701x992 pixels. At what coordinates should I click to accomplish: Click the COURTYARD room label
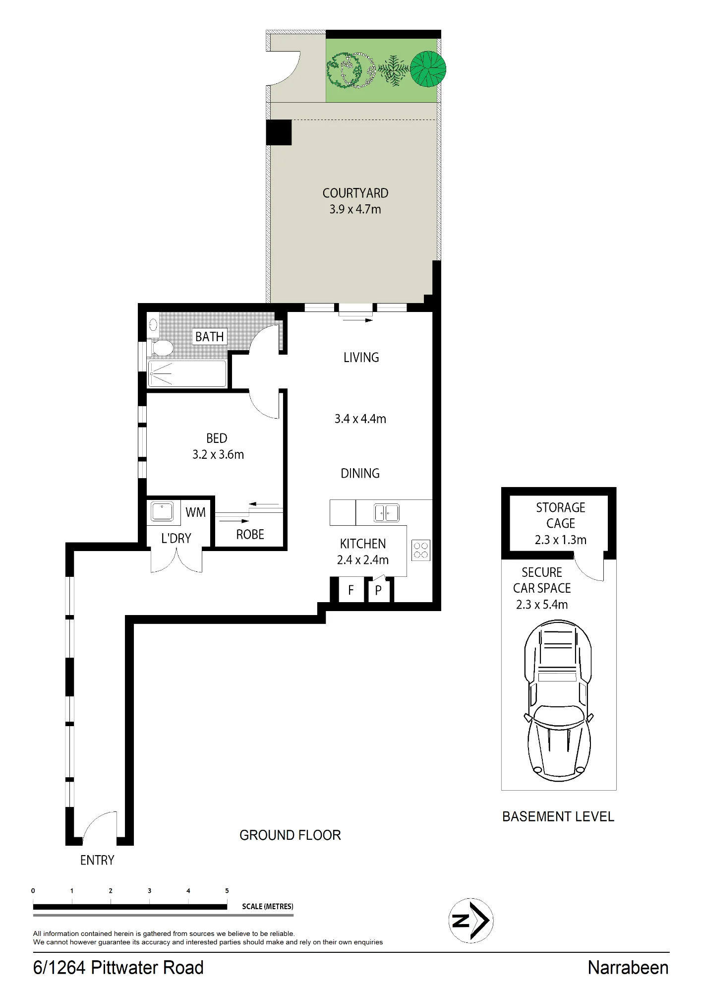pyautogui.click(x=355, y=193)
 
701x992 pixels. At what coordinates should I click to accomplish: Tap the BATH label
pyautogui.click(x=210, y=337)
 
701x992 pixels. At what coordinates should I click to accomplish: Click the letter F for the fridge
pyautogui.click(x=351, y=590)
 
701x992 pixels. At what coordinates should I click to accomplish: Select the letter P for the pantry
pyautogui.click(x=378, y=590)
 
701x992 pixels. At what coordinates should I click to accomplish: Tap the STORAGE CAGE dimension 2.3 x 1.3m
pyautogui.click(x=561, y=540)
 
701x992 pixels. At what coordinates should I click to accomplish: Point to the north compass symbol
pyautogui.click(x=470, y=921)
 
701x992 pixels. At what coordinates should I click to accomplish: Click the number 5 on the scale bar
pyautogui.click(x=227, y=891)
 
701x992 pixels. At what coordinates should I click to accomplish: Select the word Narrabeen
pyautogui.click(x=628, y=968)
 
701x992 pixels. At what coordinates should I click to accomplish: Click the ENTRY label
pyautogui.click(x=97, y=860)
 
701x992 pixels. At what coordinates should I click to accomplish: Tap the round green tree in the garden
pyautogui.click(x=428, y=69)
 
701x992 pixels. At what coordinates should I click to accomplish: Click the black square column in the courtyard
pyautogui.click(x=279, y=132)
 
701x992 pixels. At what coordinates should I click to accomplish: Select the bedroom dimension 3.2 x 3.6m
pyautogui.click(x=218, y=454)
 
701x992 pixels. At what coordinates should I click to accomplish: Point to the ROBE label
pyautogui.click(x=250, y=534)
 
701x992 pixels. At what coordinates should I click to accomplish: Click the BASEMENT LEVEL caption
pyautogui.click(x=558, y=816)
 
